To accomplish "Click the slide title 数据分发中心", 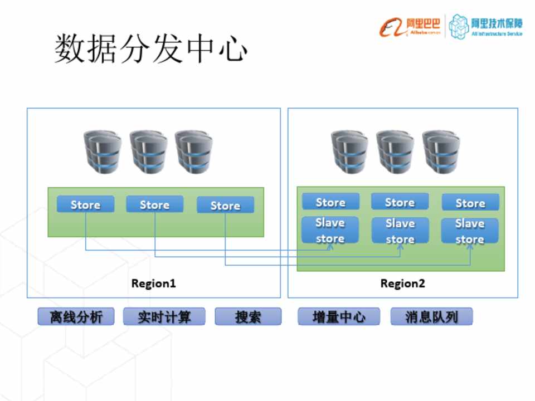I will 150,49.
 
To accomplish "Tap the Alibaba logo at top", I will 410,26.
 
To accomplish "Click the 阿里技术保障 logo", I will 487,26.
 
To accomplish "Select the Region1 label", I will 154,283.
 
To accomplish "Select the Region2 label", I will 402,283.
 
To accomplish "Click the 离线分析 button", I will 76,317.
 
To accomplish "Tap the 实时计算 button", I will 164,317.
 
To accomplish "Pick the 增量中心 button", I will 339,317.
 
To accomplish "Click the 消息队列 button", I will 431,317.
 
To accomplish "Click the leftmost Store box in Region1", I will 85,204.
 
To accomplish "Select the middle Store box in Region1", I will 154,204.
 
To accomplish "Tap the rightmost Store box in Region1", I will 225,206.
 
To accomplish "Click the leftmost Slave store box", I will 330,231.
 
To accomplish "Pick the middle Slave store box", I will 400,231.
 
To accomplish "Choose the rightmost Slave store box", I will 470,231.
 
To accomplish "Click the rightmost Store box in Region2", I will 470,203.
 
